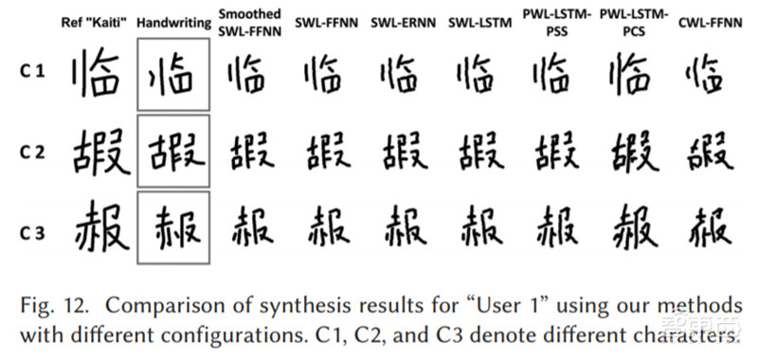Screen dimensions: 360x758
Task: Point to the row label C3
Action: [32, 227]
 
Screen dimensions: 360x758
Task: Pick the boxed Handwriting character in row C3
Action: [172, 227]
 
